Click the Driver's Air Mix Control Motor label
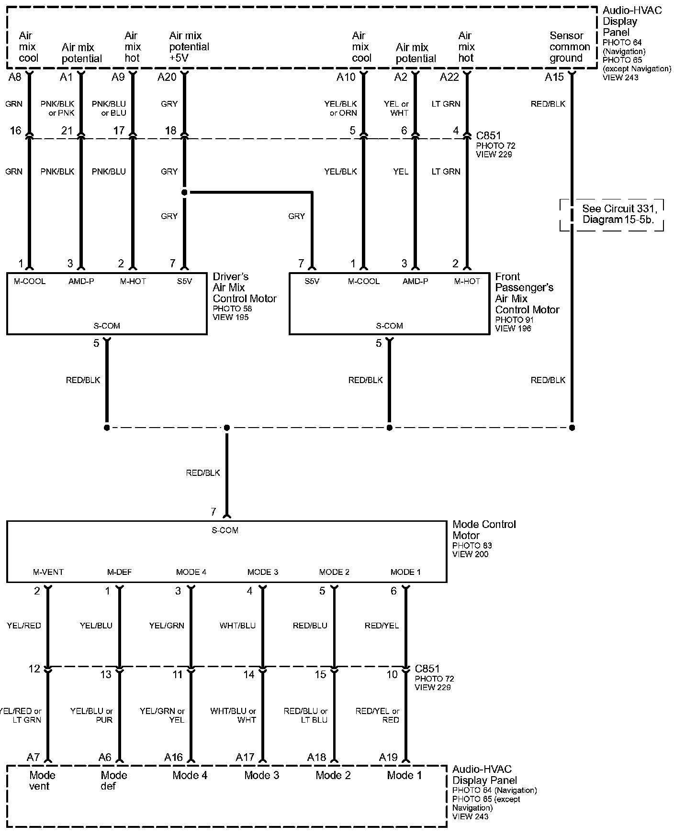click(245, 287)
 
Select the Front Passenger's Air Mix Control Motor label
click(527, 293)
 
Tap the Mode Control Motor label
click(484, 529)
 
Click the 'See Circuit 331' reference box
click(612, 215)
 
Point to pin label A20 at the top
click(167, 77)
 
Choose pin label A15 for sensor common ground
click(554, 77)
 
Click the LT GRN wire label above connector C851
click(446, 104)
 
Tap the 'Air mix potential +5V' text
click(189, 47)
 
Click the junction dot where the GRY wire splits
click(184, 192)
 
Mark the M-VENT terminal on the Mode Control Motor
click(48, 572)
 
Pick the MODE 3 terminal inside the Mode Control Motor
click(262, 572)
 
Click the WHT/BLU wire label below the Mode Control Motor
click(237, 626)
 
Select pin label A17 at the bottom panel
click(245, 757)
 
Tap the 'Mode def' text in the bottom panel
click(114, 781)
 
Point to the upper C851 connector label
click(488, 135)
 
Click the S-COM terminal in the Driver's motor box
click(107, 326)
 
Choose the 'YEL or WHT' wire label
click(396, 108)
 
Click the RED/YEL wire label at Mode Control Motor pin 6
click(382, 626)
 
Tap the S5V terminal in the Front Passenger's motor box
click(312, 281)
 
